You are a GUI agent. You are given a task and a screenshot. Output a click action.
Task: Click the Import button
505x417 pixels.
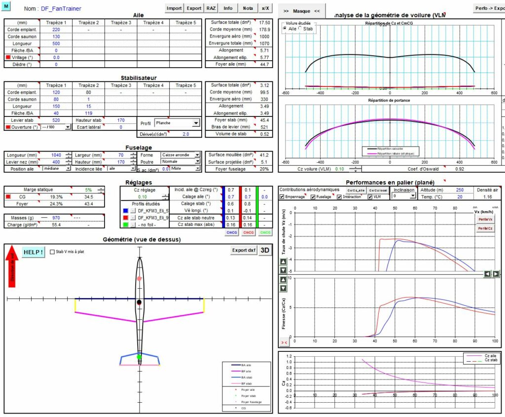[x=174, y=8]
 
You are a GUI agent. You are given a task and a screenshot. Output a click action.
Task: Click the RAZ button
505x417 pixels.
[x=211, y=8]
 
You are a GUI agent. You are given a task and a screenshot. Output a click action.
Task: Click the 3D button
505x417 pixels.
[x=265, y=250]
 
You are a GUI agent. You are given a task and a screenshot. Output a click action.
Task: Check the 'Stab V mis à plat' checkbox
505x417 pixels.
[x=53, y=252]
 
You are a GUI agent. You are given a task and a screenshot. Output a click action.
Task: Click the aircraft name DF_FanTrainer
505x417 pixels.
[x=61, y=9]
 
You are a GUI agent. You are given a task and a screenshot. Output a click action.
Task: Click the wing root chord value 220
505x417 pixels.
[x=56, y=30]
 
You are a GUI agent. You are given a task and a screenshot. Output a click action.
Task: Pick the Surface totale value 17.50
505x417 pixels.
[x=264, y=23]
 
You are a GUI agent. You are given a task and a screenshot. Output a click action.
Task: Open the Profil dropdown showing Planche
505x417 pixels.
[x=177, y=123]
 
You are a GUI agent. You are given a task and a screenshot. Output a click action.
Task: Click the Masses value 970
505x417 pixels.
[x=56, y=218]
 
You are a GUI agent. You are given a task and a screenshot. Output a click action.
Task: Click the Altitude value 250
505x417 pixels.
[x=459, y=190]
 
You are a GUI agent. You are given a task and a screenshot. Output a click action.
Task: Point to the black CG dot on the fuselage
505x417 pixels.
[x=139, y=302]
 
